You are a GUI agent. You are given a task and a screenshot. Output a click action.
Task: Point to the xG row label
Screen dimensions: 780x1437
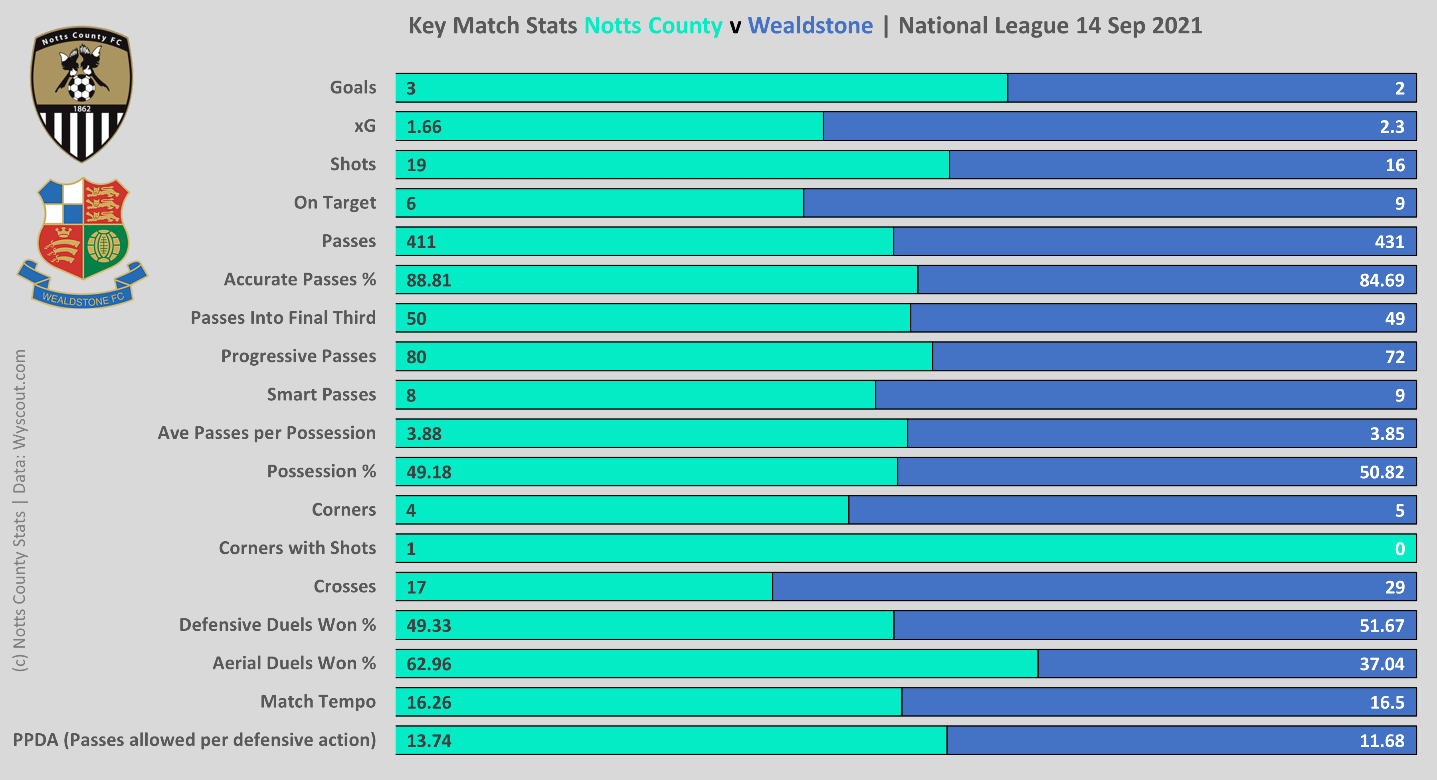pyautogui.click(x=365, y=126)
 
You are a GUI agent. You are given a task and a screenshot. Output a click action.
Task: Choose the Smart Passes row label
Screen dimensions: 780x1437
pyautogui.click(x=321, y=394)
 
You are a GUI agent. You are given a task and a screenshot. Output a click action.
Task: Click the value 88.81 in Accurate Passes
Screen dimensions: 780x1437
pyautogui.click(x=428, y=280)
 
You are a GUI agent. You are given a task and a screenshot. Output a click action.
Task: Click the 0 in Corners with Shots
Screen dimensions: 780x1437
pyautogui.click(x=1399, y=549)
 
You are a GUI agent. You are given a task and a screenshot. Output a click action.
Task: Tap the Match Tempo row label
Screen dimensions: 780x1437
pyautogui.click(x=318, y=701)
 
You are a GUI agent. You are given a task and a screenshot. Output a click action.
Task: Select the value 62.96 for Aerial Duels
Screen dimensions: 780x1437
pyautogui.click(x=428, y=664)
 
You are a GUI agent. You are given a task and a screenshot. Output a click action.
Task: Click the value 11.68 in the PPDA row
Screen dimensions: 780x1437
pyautogui.click(x=1382, y=741)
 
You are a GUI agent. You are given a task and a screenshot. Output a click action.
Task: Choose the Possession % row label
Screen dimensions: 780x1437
pyautogui.click(x=321, y=471)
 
